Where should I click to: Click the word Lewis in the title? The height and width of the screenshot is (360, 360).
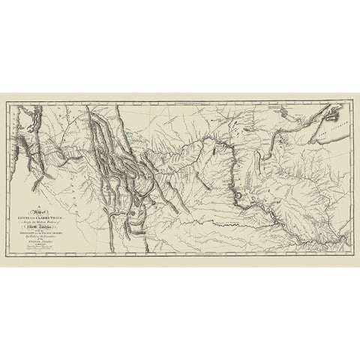tap(39, 214)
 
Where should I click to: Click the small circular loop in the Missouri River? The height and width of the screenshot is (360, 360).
tap(239, 196)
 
